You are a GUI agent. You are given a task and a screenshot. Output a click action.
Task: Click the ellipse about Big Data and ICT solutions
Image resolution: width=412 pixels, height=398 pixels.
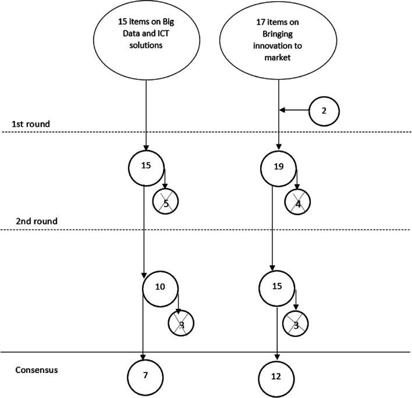tap(145, 41)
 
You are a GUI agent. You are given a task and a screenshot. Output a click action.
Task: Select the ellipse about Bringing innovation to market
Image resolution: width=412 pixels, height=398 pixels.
tap(279, 41)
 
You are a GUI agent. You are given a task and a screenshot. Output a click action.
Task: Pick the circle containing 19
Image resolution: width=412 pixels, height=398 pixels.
tap(278, 166)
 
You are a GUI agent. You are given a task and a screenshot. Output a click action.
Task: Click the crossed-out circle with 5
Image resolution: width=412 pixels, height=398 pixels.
tap(165, 202)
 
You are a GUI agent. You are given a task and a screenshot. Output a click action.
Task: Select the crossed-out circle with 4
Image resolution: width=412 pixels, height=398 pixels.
tap(298, 202)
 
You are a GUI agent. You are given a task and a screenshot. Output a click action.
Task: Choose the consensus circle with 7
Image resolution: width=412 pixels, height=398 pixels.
tap(144, 375)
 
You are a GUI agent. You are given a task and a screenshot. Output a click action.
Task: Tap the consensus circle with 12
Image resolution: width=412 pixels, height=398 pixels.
tap(276, 375)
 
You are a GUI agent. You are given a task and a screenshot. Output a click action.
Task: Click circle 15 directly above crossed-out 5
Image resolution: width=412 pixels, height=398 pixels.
tap(145, 166)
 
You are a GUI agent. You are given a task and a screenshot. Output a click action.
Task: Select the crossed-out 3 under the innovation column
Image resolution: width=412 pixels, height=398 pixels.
tap(296, 325)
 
